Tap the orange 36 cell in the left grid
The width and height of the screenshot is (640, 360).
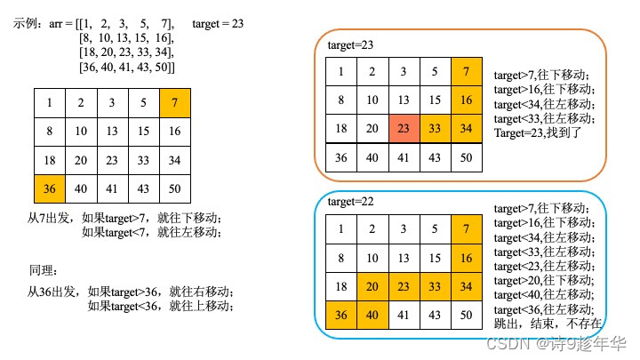pos(49,188)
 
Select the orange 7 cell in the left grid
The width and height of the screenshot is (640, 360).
pos(174,102)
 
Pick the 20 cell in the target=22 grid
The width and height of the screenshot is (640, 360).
pos(372,287)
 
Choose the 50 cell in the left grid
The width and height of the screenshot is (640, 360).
pos(174,188)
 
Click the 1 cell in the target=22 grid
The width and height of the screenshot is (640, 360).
pos(341,230)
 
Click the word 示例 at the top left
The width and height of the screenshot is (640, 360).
pos(24,24)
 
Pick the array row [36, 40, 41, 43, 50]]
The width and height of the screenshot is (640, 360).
pos(127,67)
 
